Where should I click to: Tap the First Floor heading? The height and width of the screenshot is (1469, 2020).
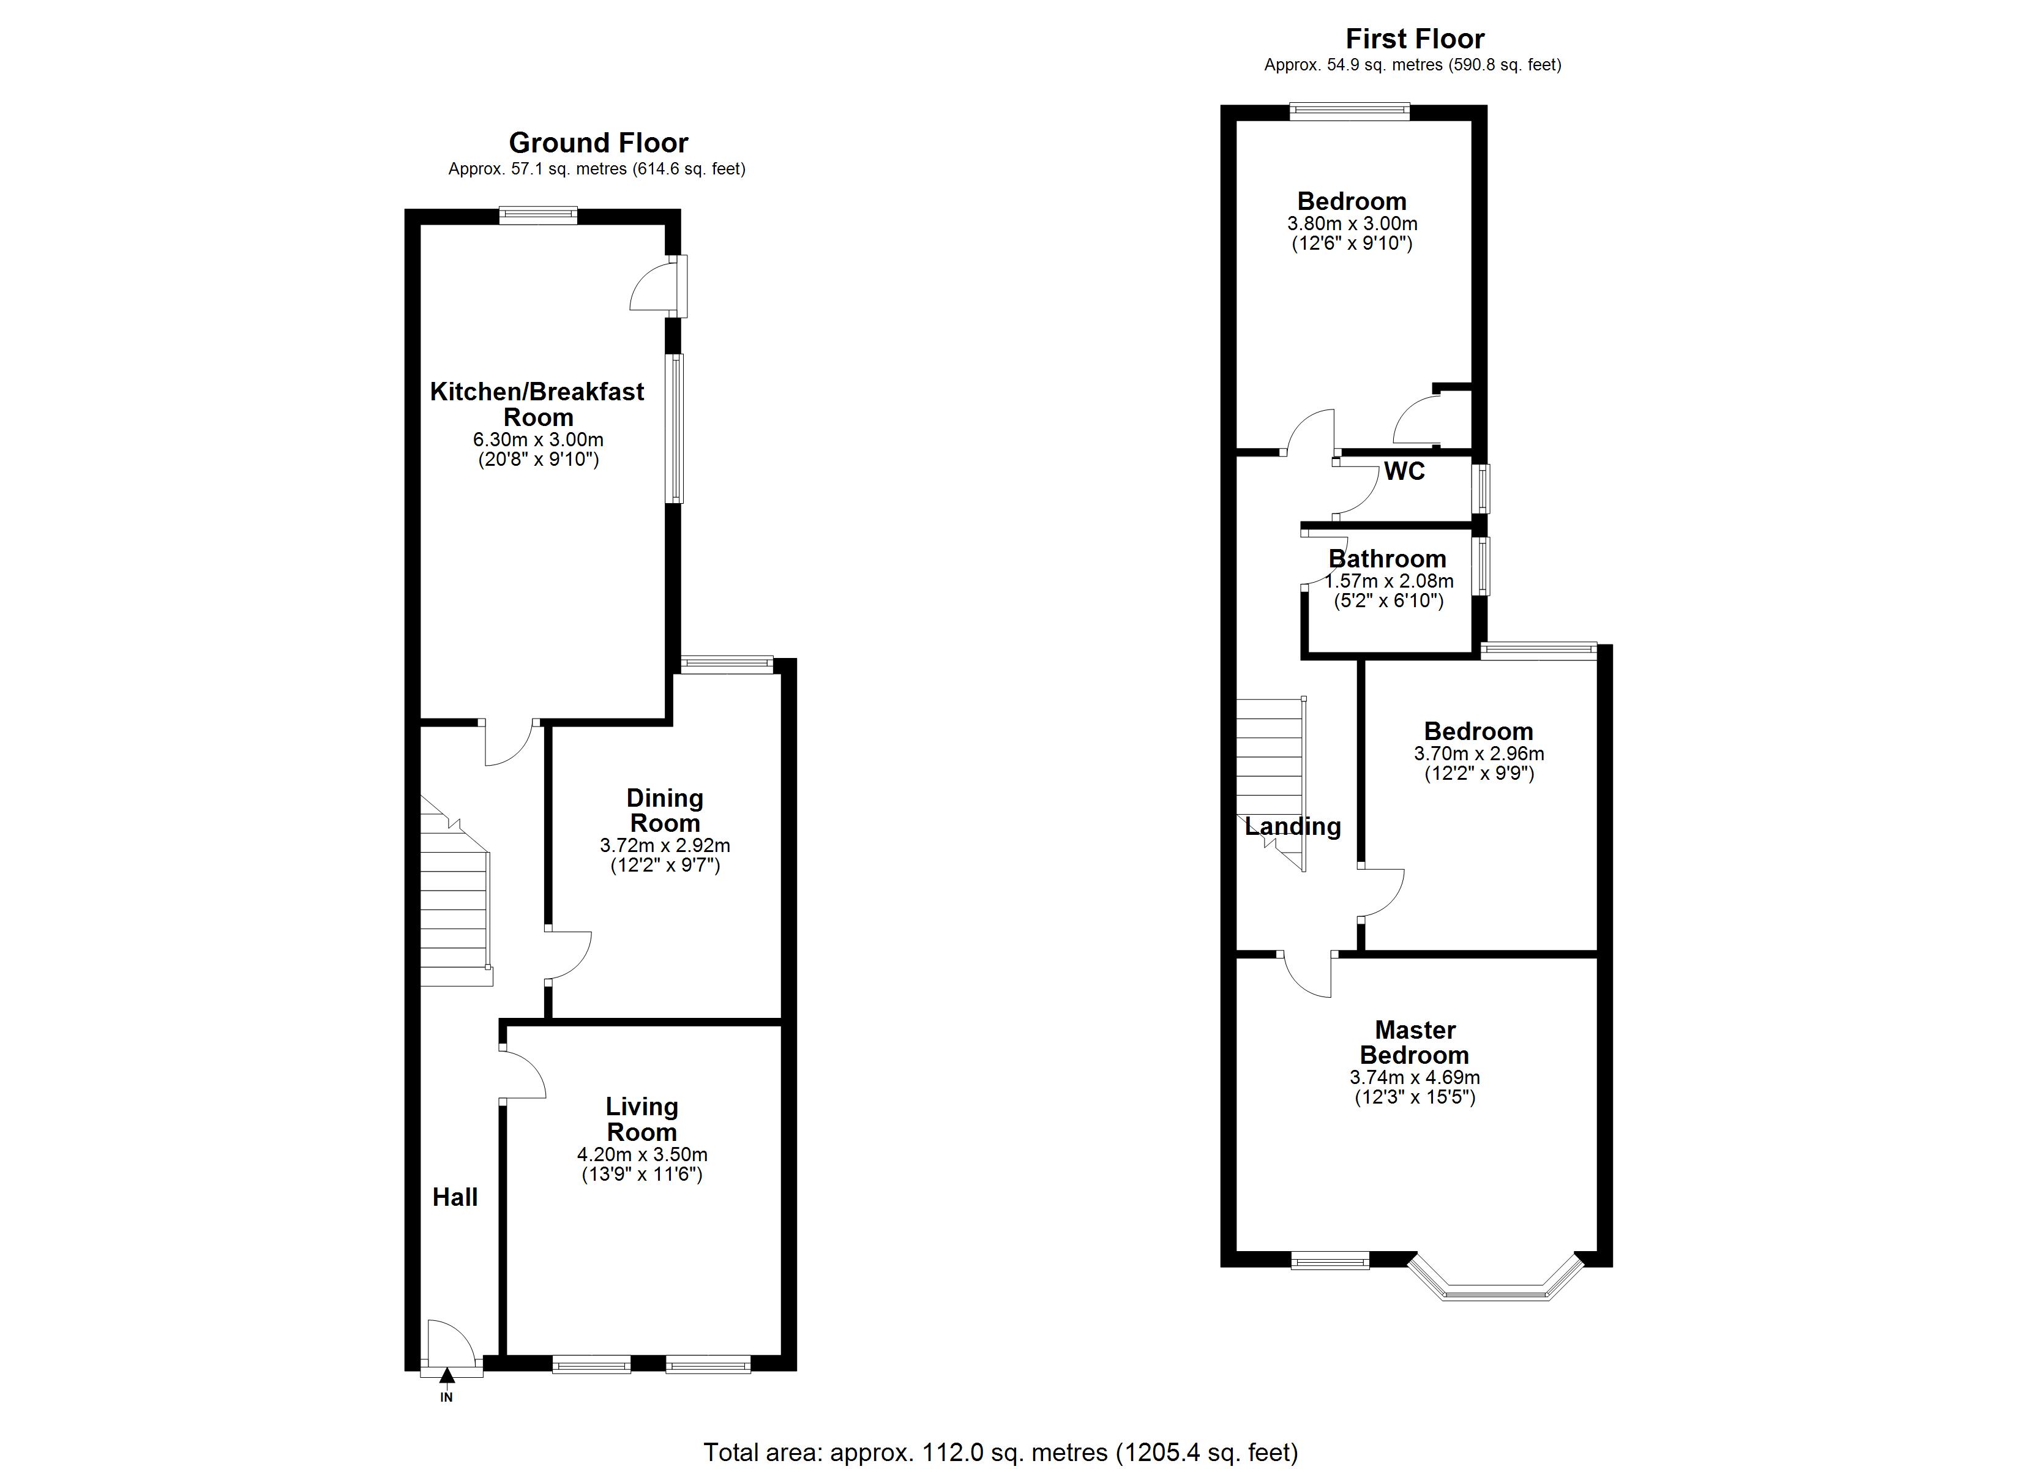point(1415,39)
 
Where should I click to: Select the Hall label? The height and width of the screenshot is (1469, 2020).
point(455,1197)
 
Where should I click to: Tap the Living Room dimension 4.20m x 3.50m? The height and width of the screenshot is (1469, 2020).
point(642,1154)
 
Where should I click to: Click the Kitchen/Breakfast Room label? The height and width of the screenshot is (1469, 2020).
point(537,403)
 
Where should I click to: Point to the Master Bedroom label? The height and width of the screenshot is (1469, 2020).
point(1415,1042)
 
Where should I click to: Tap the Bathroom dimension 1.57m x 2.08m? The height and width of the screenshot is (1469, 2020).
point(1388,581)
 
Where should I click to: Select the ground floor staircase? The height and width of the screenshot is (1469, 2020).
point(454,900)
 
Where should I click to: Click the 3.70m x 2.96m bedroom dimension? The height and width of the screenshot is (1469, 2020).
point(1478,753)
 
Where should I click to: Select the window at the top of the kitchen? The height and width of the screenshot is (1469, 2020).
point(538,215)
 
